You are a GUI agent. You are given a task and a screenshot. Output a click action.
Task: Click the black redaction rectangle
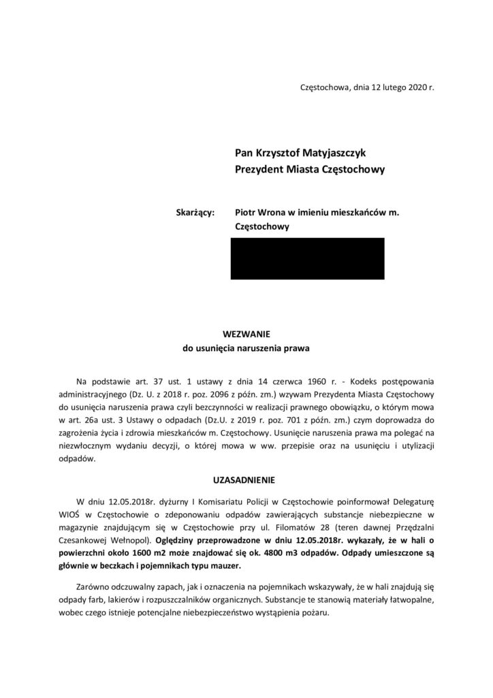307,258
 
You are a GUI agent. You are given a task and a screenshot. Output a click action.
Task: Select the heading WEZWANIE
246,334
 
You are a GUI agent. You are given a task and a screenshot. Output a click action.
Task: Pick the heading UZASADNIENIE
246,479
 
